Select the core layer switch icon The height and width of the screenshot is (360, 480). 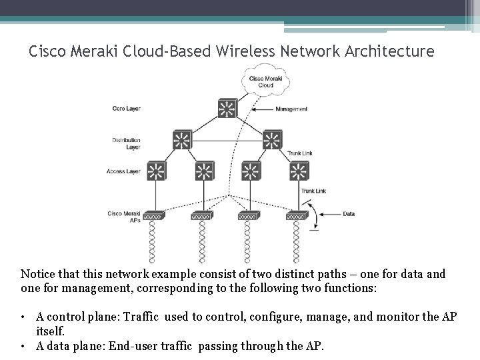tap(225, 109)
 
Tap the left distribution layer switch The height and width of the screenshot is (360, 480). tap(181, 139)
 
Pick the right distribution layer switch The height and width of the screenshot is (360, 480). tap(271, 139)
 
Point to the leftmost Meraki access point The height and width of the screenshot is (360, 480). tap(155, 215)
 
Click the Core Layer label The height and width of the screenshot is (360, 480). tap(125, 109)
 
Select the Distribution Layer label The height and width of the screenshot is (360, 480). tap(126, 143)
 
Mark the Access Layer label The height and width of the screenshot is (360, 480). tap(123, 171)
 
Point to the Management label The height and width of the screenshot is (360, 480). tap(291, 109)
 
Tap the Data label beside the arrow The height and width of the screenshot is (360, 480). tap(349, 214)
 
